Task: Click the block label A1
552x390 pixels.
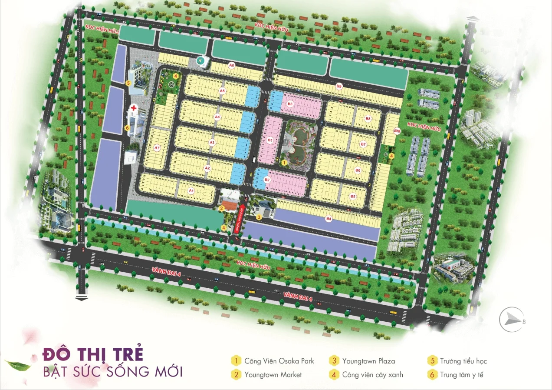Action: click(x=191, y=191)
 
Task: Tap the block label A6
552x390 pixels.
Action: click(x=232, y=65)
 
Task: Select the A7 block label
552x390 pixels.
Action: click(x=158, y=148)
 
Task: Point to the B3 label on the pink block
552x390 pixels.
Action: click(x=290, y=104)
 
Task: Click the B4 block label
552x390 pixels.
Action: click(x=329, y=219)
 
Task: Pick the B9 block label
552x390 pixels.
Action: click(x=339, y=87)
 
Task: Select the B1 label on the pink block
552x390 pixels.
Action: click(x=269, y=140)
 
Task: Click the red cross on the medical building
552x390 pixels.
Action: click(x=134, y=107)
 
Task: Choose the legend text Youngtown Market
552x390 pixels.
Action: click(x=273, y=374)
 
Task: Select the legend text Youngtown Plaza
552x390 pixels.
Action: click(x=368, y=361)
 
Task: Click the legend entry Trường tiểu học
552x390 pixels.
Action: click(x=463, y=361)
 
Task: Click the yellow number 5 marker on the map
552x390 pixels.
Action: click(x=128, y=82)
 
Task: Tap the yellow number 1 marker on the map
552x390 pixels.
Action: click(x=283, y=162)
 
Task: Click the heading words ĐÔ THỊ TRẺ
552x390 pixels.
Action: click(x=92, y=354)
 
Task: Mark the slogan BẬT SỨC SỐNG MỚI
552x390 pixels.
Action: click(x=112, y=372)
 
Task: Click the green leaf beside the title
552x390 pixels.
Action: click(x=18, y=365)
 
